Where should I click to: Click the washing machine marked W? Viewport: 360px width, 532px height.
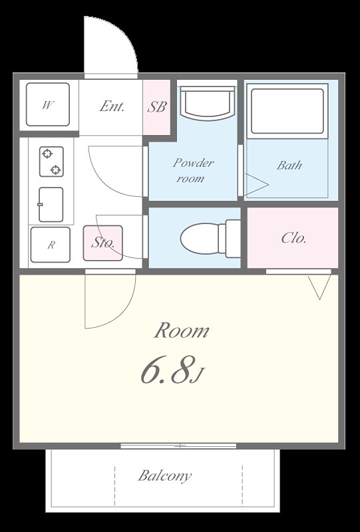click(x=48, y=104)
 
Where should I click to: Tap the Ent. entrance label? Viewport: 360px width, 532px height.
click(x=112, y=106)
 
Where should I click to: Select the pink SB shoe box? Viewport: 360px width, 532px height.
click(x=156, y=107)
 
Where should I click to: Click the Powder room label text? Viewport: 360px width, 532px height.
click(x=193, y=170)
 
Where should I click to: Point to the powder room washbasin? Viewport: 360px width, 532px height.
click(x=208, y=103)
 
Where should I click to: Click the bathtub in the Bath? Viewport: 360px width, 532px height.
click(x=287, y=111)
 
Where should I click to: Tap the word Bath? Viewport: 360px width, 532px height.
click(x=289, y=165)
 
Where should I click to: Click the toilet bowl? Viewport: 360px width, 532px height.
click(x=200, y=237)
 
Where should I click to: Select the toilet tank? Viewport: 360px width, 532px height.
click(x=233, y=238)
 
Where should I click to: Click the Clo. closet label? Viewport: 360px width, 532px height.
click(x=293, y=238)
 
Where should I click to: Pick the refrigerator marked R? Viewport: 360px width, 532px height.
click(x=51, y=245)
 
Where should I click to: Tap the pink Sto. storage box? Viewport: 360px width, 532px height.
click(x=102, y=243)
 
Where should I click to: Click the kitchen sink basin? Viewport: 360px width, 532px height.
click(x=51, y=205)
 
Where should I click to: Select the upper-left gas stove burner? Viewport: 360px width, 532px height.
click(x=47, y=154)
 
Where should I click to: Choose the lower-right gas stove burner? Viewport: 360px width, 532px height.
click(x=56, y=170)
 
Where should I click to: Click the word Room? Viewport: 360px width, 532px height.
click(x=182, y=331)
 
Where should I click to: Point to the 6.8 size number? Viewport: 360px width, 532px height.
click(x=166, y=370)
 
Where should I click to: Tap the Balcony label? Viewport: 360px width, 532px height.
click(x=165, y=476)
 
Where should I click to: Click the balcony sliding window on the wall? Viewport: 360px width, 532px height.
click(x=178, y=446)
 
